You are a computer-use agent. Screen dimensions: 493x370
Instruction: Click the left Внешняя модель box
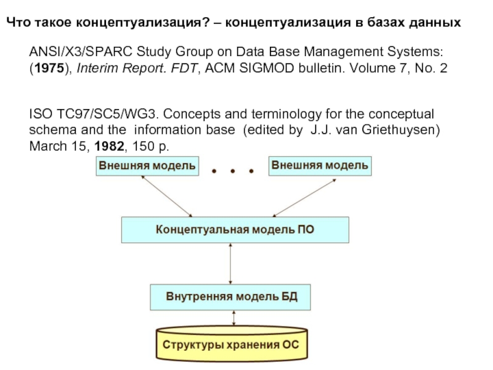147,166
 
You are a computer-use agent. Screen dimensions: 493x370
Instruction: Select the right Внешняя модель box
320,166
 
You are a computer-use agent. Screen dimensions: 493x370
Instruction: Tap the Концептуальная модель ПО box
235,230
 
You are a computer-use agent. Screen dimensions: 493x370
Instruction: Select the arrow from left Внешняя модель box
166,196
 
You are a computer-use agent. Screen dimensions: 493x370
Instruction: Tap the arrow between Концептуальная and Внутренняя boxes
230,263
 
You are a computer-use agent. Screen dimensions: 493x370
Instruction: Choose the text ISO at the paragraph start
40,115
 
